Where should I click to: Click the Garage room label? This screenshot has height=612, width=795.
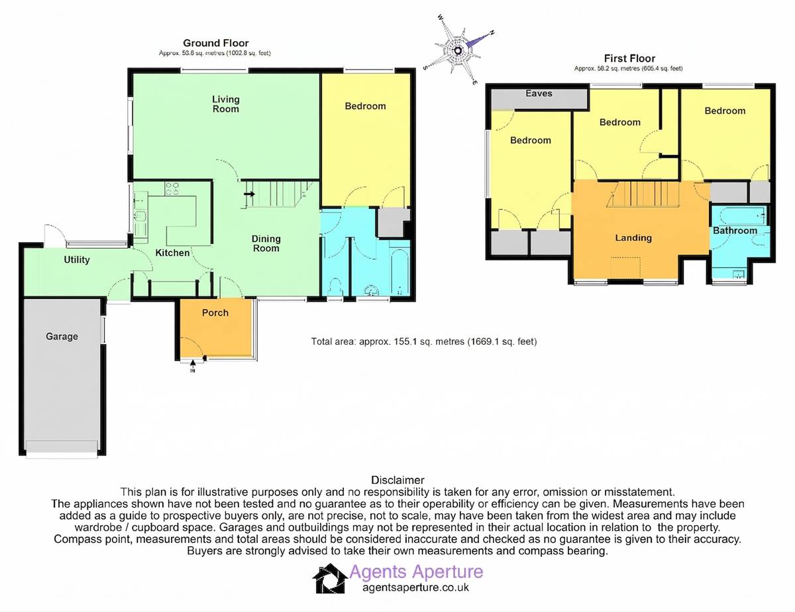point(62,336)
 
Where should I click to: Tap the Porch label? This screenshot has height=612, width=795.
point(215,312)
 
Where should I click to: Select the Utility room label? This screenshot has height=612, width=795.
point(76,260)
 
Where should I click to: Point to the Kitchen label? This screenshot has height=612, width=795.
point(172,253)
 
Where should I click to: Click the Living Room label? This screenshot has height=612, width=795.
point(226,104)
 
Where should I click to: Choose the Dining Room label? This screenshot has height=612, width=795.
point(266,243)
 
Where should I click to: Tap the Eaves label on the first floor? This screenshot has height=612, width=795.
point(539,93)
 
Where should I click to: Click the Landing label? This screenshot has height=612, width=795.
point(633,238)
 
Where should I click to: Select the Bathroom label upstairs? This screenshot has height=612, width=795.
point(735,231)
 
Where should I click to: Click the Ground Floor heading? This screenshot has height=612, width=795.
point(216,43)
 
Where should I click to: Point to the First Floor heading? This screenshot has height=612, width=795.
point(629,58)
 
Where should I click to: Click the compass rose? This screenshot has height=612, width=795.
point(458,50)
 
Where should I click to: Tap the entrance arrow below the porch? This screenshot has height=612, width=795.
point(193,366)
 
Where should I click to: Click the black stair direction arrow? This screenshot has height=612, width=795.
point(250,194)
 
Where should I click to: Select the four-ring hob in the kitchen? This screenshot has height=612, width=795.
point(172,188)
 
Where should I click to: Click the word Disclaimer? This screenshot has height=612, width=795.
point(397,480)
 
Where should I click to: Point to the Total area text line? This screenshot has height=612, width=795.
point(423,341)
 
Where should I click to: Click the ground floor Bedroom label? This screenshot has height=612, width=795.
point(365,106)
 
